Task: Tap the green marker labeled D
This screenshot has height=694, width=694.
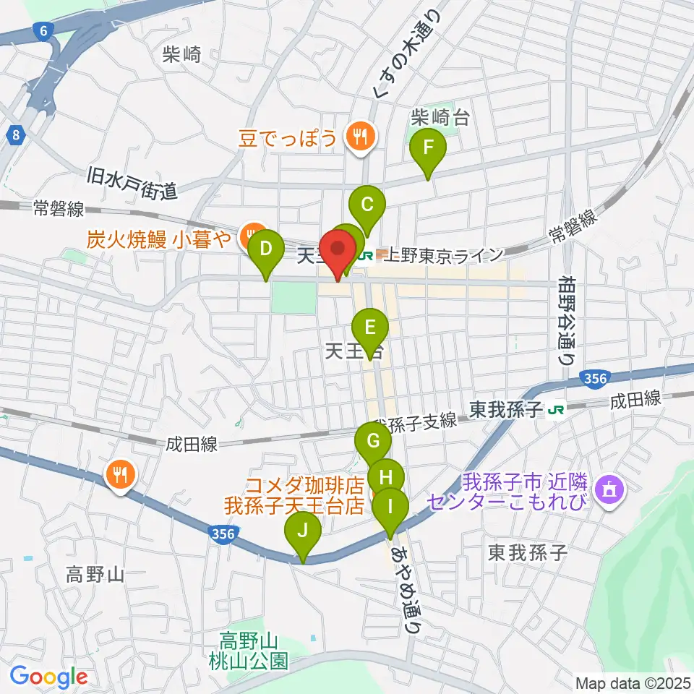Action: (265, 251)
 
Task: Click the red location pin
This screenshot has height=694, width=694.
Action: (338, 251)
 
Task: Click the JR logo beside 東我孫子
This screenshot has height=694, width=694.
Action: (556, 410)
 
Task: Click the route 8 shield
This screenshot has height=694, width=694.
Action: (16, 134)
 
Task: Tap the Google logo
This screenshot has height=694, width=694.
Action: (48, 677)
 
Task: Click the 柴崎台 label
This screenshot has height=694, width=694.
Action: (440, 116)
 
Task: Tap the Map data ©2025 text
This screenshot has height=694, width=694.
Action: (632, 682)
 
